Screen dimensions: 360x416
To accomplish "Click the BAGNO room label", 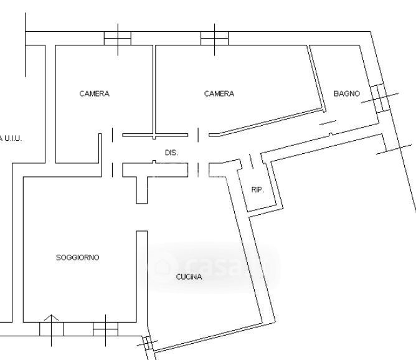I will tap(346, 93).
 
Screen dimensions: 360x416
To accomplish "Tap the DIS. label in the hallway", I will tap(171, 153).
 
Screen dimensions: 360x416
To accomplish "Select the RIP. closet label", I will tap(257, 189).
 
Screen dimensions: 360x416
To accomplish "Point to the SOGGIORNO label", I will tap(78, 257).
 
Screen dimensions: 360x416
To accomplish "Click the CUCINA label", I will tap(189, 277).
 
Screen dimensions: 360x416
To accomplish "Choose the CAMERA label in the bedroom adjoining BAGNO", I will tap(219, 94).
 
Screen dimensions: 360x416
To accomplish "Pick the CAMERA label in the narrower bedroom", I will tap(95, 94).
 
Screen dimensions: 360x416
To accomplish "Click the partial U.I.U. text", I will tap(11, 138).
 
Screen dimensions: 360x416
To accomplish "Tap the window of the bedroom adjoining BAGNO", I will tap(214, 38).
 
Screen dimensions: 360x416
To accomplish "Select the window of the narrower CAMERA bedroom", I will tap(117, 38).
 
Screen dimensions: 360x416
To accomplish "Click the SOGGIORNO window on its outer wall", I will tap(105, 327).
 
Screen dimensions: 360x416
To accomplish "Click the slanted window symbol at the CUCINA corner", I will tap(148, 344).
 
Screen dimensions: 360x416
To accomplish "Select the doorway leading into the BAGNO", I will tap(328, 125).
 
